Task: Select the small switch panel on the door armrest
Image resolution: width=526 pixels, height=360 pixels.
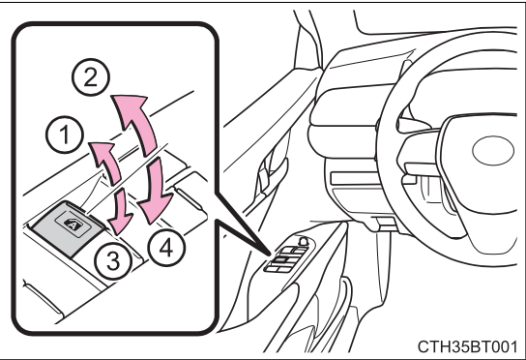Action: click(289, 255)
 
